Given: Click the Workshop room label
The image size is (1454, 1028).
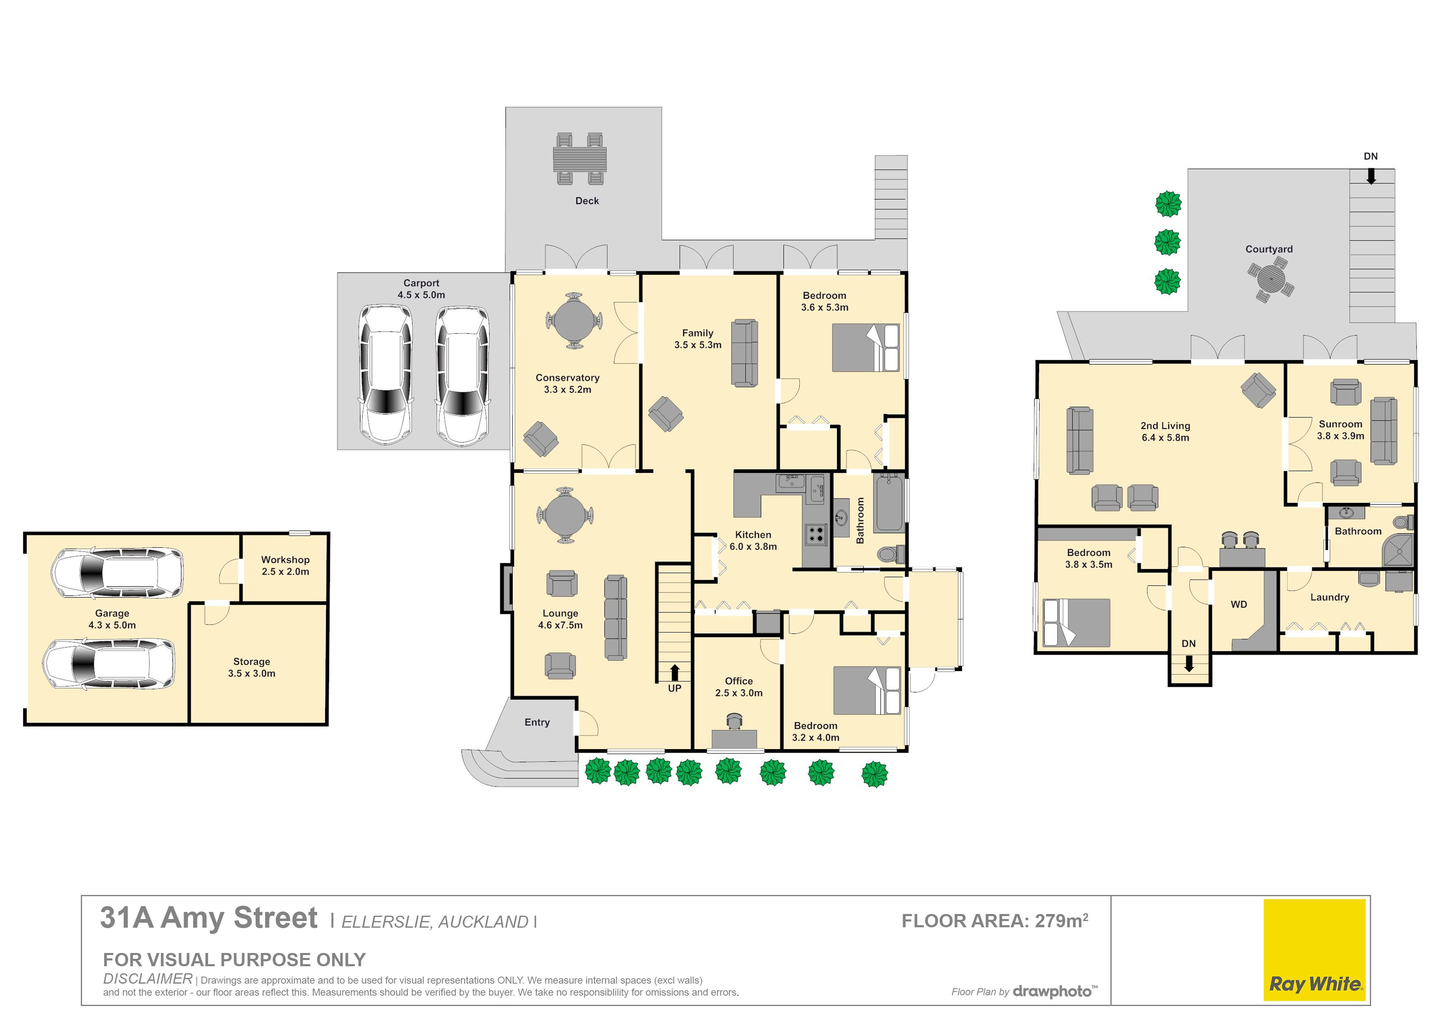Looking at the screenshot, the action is coord(286,560).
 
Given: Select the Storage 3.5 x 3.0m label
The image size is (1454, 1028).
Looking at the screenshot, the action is coord(252,668).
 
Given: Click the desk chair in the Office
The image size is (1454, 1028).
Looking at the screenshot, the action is coord(734,721).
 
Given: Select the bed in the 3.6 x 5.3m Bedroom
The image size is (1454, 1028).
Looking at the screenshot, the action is coord(866,348).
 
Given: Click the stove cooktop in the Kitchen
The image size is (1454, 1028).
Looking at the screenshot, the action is coord(816,535).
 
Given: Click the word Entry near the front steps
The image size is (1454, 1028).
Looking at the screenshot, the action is coord(537,722).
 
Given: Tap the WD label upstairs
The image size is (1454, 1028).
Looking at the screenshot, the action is coord(1239,604).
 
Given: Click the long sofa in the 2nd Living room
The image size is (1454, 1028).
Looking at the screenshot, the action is coord(1080,440).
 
